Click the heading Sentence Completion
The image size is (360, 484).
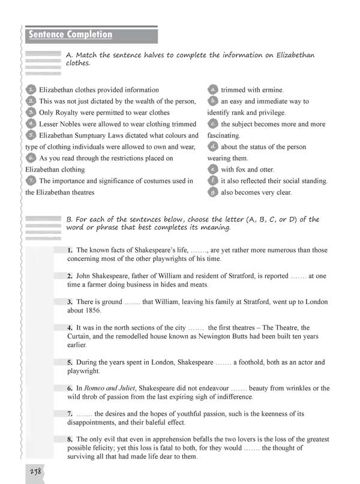[x=71, y=35]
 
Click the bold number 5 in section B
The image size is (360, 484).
[x=70, y=362]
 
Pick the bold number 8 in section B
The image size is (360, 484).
[x=70, y=439]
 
